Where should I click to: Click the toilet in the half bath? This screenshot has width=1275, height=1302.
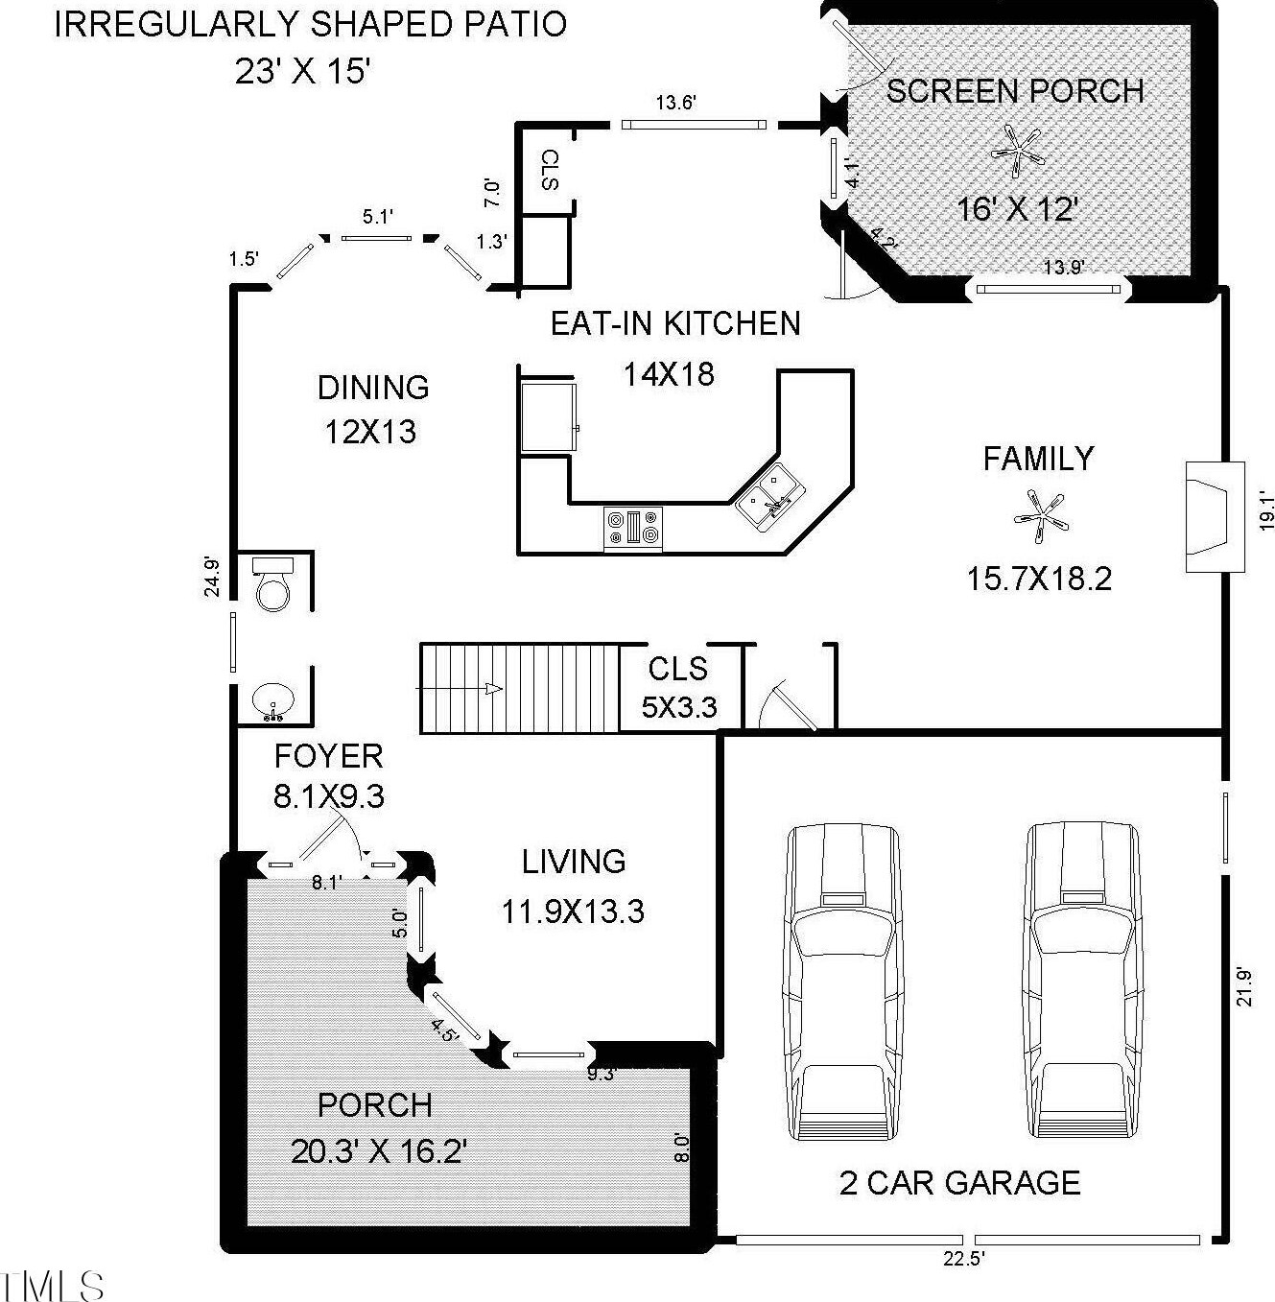point(273,583)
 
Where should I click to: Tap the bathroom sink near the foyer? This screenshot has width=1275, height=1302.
point(273,702)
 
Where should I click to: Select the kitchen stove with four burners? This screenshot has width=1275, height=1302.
point(633,528)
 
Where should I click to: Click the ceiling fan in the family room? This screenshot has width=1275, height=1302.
point(1040,517)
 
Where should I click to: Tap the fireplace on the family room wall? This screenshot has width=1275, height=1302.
point(1215,517)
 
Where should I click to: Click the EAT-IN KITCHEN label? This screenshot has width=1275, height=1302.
point(675,323)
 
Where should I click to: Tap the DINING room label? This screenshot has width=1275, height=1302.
point(373,388)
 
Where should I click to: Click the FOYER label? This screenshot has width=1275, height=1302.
point(328,756)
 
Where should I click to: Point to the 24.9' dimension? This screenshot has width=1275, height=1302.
point(212,577)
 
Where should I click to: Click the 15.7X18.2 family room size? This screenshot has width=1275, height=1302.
point(1039,580)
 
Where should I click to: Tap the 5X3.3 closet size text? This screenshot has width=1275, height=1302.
point(679,707)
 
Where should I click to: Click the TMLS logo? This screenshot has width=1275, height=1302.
point(52,1285)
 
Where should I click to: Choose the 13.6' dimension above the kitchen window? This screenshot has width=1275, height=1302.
point(676,104)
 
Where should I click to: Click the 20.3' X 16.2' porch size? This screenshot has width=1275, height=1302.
point(379,1151)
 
